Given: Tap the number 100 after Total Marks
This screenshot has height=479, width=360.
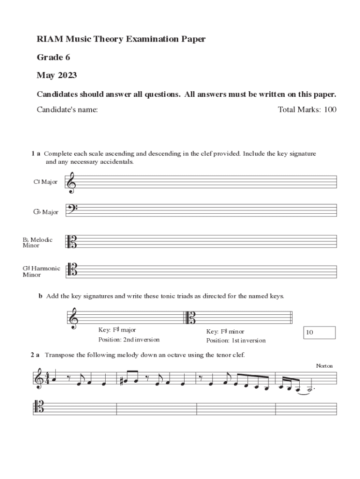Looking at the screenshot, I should [x=330, y=110].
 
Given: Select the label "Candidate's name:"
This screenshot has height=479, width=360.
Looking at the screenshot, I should [x=67, y=110].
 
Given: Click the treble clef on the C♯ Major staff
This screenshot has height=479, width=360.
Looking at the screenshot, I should [x=72, y=182].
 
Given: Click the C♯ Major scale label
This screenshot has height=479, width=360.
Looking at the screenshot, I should [x=45, y=182].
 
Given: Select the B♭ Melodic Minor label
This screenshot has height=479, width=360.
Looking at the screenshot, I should [x=37, y=243].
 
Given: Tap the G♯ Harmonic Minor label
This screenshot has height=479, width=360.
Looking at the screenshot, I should [x=41, y=271].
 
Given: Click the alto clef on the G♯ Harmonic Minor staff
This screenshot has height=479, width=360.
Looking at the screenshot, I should [x=72, y=270].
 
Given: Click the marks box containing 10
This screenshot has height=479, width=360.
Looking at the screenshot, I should [x=319, y=333].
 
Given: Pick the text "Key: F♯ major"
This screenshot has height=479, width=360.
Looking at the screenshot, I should [x=117, y=330].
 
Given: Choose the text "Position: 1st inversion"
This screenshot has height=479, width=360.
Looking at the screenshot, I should [x=236, y=340].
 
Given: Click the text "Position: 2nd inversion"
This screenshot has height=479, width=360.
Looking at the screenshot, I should [x=129, y=340].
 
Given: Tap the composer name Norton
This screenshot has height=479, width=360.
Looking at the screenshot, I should [x=324, y=365].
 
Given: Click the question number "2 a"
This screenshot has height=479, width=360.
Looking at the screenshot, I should [x=35, y=355].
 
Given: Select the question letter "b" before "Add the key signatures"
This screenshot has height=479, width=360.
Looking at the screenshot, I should [x=41, y=296].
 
